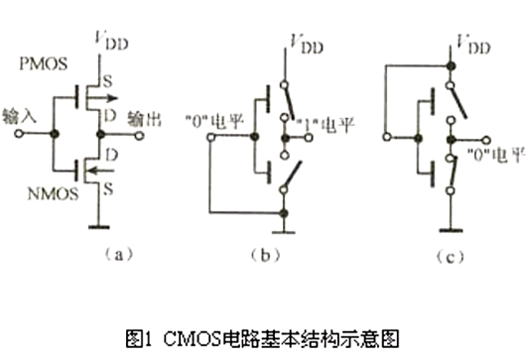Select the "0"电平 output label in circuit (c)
tap(483, 156)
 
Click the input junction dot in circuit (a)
tap(57, 132)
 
